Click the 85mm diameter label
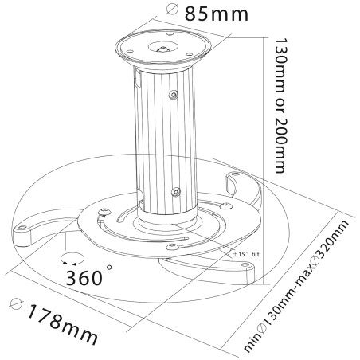pyautogui.click(x=217, y=14)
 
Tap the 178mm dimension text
pyautogui.click(x=63, y=323)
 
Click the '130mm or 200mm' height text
pyautogui.click(x=280, y=106)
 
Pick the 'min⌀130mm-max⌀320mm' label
pyautogui.click(x=295, y=286)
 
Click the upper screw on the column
pyautogui.click(x=174, y=94)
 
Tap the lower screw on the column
pyautogui.click(x=175, y=191)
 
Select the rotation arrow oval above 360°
pyautogui.click(x=72, y=259)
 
